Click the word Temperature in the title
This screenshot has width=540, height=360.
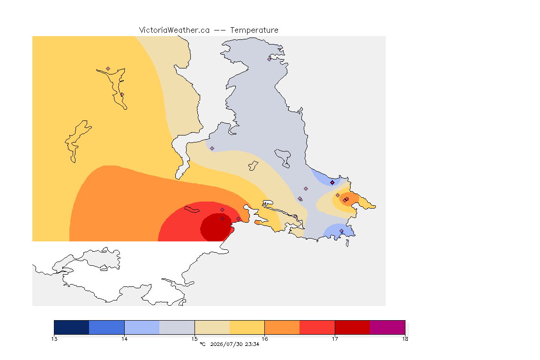254,30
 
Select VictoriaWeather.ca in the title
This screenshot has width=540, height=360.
174,30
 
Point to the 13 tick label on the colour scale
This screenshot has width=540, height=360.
54,339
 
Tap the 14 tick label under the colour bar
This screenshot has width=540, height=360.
124,339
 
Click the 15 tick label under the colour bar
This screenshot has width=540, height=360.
195,339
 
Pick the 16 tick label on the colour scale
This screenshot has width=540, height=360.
264,339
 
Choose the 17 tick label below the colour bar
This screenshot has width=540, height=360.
335,339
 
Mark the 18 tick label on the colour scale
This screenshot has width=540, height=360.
405,339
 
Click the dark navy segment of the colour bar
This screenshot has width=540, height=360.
72,327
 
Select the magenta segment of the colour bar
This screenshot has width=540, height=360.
388,327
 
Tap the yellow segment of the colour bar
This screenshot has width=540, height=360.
247,327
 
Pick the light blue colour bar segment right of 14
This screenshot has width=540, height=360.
142,327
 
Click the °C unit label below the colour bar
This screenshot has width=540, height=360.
202,344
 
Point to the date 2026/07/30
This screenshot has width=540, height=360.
226,344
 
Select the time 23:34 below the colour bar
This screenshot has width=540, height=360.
252,344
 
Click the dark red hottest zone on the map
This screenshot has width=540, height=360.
216,227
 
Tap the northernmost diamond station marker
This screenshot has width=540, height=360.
270,59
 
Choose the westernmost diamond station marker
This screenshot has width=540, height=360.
108,69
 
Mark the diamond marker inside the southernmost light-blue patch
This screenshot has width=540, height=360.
341,231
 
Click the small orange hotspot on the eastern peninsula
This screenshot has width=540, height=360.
349,200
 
